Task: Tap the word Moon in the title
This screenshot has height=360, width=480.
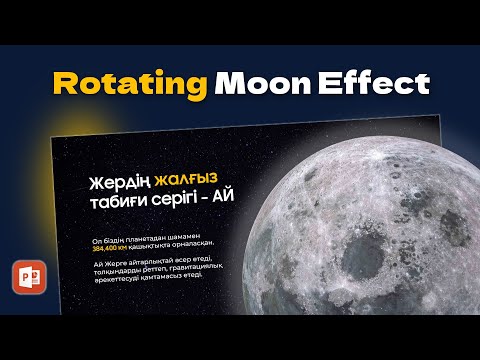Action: pyautogui.click(x=260, y=84)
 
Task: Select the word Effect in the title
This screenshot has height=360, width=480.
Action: pyautogui.click(x=369, y=84)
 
